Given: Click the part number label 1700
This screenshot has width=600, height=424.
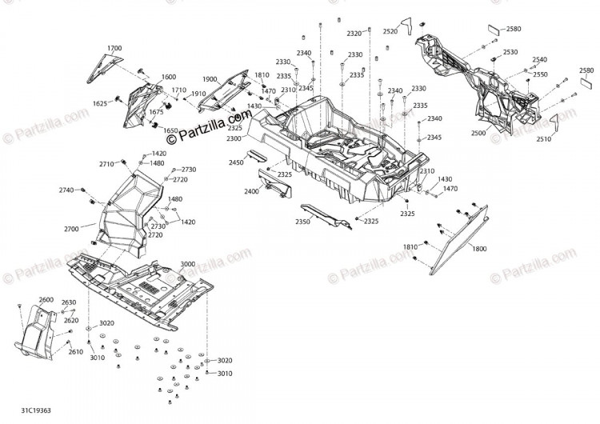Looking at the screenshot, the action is (x=114, y=48).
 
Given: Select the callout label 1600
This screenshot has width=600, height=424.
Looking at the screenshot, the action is (x=168, y=77).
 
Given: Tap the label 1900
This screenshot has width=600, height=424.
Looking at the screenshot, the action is (x=210, y=79).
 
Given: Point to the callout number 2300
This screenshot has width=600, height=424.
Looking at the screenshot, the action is (x=234, y=138).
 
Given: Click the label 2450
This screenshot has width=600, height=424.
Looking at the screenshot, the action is (x=236, y=162).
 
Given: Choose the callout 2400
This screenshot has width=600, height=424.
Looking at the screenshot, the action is (x=252, y=191).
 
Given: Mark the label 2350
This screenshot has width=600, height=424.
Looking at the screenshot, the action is (x=302, y=221).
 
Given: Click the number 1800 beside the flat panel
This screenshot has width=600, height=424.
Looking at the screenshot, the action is (x=479, y=249).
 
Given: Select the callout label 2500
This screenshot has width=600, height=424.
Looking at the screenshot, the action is (x=478, y=133).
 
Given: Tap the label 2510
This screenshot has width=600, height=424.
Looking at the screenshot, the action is (x=543, y=139).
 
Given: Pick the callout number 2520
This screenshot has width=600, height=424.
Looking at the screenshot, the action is (x=390, y=32).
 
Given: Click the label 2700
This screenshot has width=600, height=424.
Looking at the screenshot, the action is (x=71, y=229).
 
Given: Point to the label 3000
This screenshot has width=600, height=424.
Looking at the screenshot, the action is (x=187, y=264).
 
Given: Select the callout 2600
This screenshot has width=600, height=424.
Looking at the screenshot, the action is (x=46, y=300).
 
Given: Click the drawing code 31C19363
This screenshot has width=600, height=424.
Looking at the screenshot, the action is (x=36, y=410).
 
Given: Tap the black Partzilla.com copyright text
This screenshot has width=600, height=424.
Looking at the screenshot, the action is (x=210, y=125).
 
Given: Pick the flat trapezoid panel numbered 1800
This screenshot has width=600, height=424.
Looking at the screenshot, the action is (x=459, y=240).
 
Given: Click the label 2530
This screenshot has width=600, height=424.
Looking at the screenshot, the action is (x=510, y=52).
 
